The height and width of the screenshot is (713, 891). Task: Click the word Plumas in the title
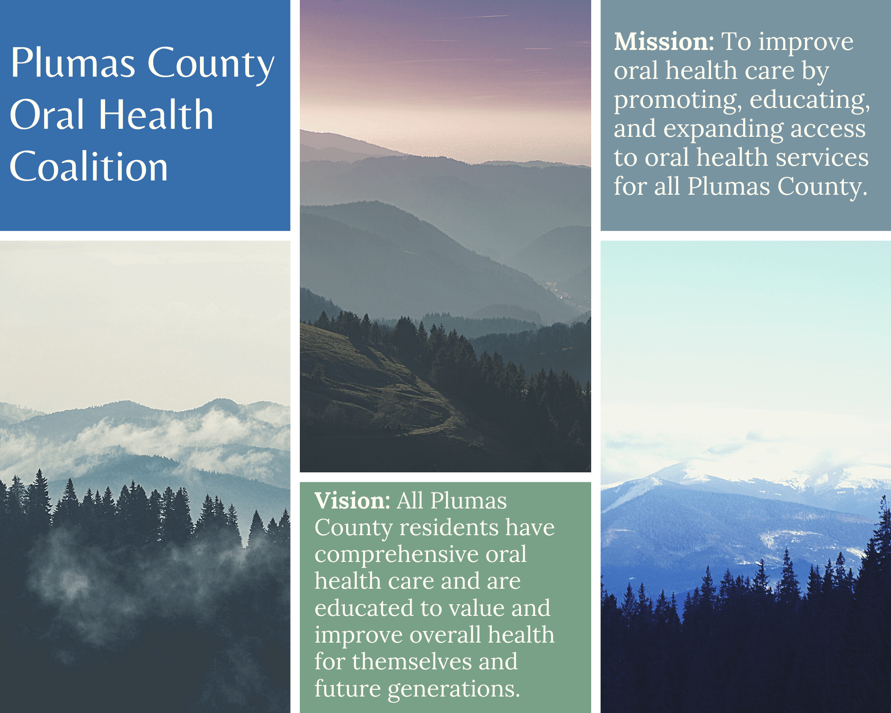73,63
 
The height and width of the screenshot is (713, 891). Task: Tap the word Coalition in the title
89,167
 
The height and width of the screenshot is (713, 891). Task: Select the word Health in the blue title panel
156,115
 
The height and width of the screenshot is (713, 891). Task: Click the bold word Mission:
664,42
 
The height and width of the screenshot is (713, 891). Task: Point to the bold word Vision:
352,501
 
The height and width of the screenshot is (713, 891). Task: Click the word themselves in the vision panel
412,661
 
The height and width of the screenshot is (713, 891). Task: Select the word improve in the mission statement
806,43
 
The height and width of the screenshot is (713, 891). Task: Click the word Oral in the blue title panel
47,115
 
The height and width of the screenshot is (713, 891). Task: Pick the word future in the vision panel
347,688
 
